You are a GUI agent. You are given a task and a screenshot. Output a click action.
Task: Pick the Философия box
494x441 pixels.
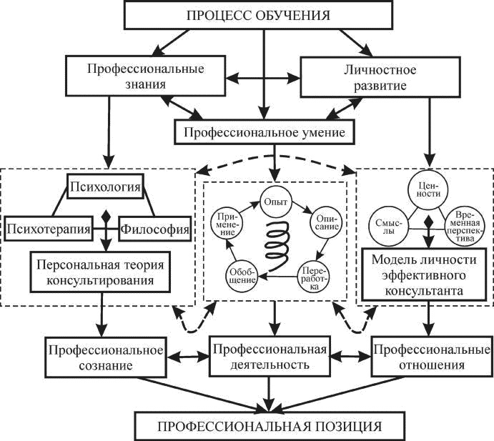click(x=154, y=229)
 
